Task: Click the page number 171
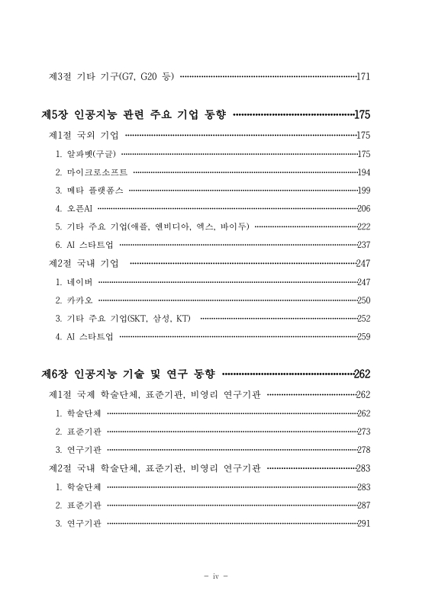(x=363, y=77)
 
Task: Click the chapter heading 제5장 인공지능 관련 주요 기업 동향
(x=134, y=115)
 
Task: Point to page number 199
(x=363, y=191)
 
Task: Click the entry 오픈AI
(x=79, y=209)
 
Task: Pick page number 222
(x=363, y=227)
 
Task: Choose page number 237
(x=363, y=246)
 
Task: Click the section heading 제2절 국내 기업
(x=83, y=264)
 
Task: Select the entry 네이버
(x=79, y=282)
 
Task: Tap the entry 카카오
(x=79, y=300)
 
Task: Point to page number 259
(x=363, y=336)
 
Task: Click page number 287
(x=363, y=506)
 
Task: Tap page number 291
(x=363, y=524)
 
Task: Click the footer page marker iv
(x=216, y=575)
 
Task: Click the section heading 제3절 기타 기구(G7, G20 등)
(x=111, y=77)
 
